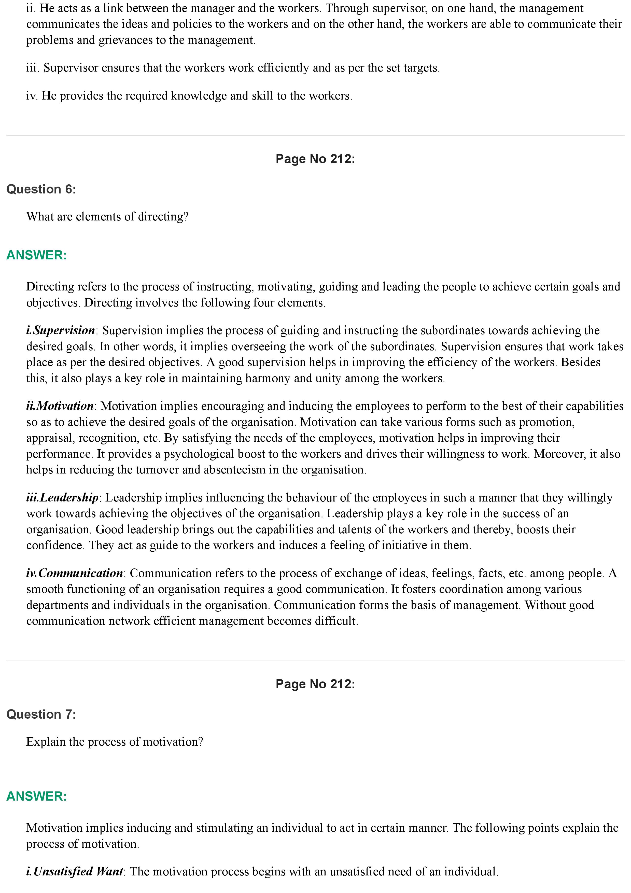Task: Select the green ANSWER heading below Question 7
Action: pos(37,796)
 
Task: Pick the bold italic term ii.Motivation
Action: pos(60,406)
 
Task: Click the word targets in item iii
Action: pos(422,68)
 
